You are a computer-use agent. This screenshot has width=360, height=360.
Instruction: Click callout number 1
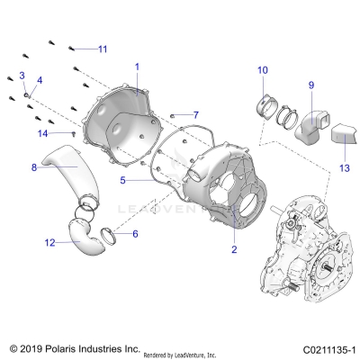pyautogui.click(x=137, y=67)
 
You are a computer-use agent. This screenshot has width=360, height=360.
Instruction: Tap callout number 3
pyautogui.click(x=22, y=74)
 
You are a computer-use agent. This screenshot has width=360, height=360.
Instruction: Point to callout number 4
pyautogui.click(x=38, y=80)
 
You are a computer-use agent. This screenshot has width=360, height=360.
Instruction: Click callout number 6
pyautogui.click(x=135, y=233)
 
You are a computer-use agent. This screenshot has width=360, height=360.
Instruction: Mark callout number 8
pyautogui.click(x=34, y=167)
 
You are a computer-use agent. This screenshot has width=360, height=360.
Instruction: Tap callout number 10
pyautogui.click(x=262, y=70)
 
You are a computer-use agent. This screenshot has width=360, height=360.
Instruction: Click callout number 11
pyautogui.click(x=102, y=48)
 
